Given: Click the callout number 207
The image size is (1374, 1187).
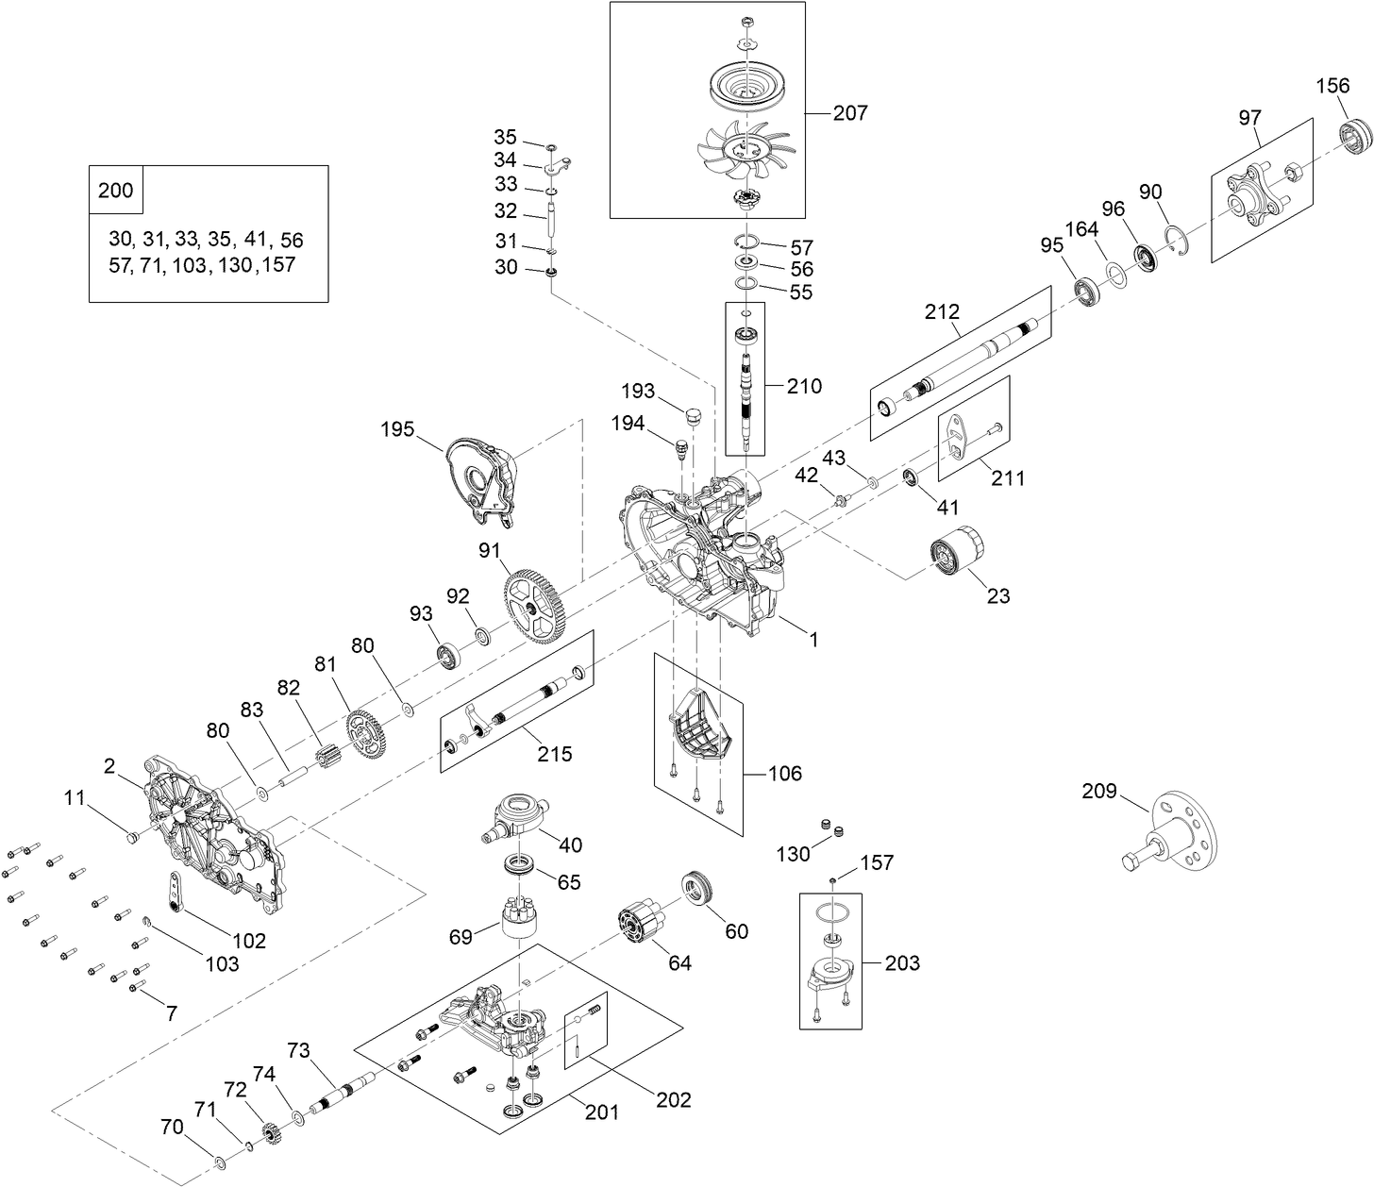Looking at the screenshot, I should (849, 113).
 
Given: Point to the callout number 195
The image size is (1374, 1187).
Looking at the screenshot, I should (398, 429).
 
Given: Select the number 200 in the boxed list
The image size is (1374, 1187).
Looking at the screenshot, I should (116, 191).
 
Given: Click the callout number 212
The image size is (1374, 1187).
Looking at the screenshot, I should (942, 311).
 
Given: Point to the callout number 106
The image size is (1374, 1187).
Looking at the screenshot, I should (783, 774).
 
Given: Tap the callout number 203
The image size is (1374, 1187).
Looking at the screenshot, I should (902, 963).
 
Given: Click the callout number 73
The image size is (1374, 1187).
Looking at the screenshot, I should (298, 1050).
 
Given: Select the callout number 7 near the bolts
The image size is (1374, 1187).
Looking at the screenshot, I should (171, 1014).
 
